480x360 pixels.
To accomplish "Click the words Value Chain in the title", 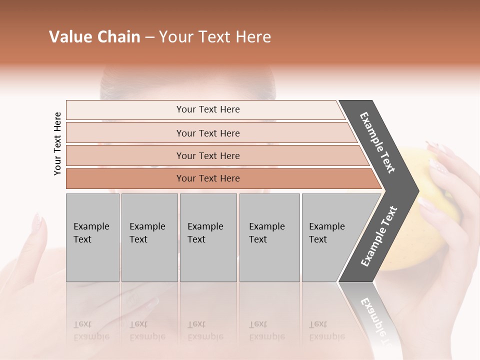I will (x=94, y=37).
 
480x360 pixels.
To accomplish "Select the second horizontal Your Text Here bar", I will (x=208, y=133).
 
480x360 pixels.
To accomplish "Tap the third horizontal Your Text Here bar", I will (x=208, y=155).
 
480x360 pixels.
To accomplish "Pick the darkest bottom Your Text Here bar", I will (x=208, y=178).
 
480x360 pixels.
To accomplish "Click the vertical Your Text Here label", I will (x=57, y=143).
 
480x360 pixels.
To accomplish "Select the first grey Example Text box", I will (x=92, y=237).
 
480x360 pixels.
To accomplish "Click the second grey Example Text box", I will (x=149, y=237).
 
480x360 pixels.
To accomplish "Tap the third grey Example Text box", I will (x=208, y=237).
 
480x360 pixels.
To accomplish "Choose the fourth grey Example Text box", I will (x=269, y=237).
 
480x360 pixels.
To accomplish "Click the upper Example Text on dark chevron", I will (x=377, y=142).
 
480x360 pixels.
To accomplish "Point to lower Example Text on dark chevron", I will (x=379, y=236).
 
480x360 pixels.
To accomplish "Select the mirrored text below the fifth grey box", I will (x=326, y=330).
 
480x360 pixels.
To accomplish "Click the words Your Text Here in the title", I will (x=215, y=37).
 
